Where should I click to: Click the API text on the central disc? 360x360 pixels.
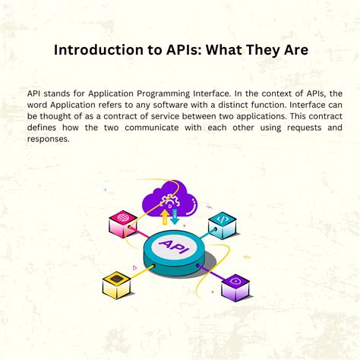[x=173, y=247]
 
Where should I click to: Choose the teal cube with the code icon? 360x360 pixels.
[x=222, y=222]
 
